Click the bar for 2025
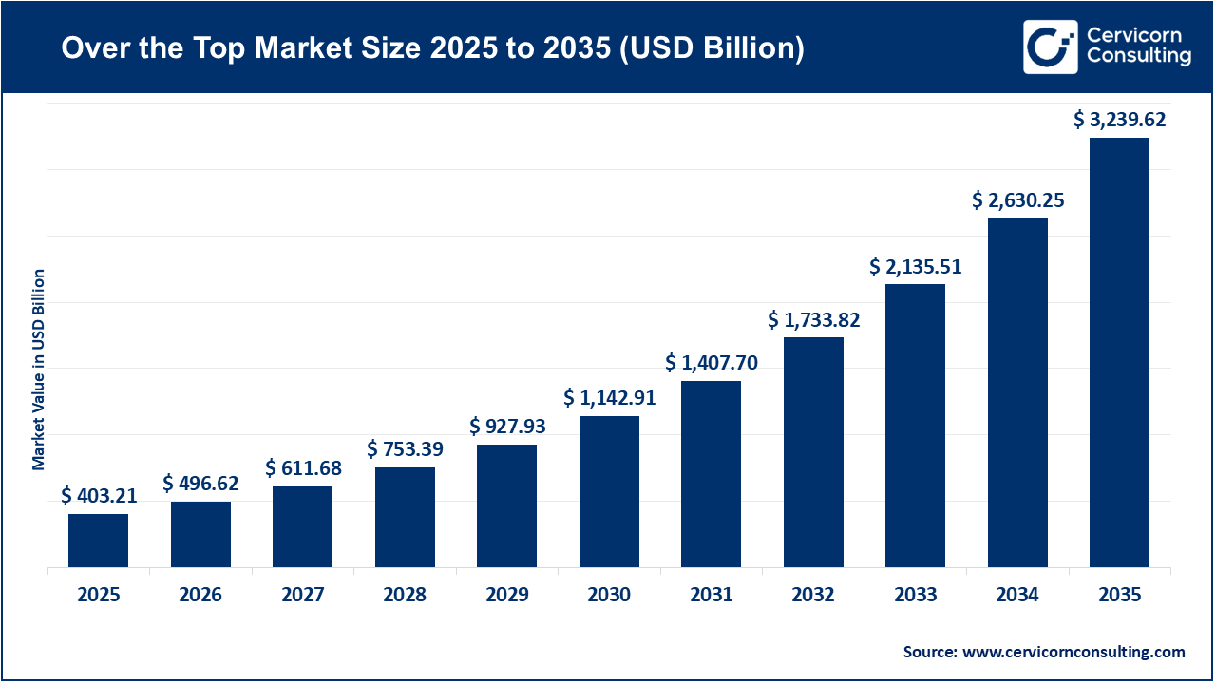98,541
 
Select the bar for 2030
609,491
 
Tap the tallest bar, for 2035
1119,352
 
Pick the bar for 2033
915,426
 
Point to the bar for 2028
405,517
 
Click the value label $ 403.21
99,496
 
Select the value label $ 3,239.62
1119,120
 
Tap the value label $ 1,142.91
609,397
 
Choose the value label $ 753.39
405,448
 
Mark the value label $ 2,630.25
1017,200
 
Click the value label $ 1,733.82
813,320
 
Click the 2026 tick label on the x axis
200,596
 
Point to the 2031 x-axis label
711,596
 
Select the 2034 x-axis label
1017,596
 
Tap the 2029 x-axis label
506,596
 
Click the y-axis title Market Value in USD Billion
39,370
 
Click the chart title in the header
432,47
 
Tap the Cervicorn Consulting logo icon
1051,47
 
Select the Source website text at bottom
1043,652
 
